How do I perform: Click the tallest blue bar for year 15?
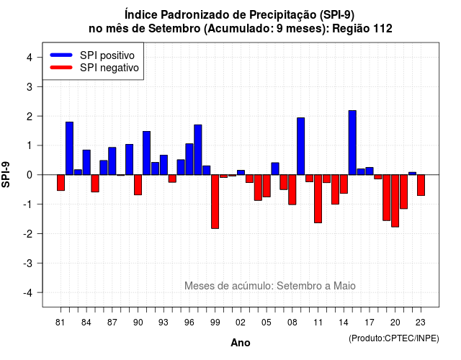point(352,143)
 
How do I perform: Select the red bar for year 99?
point(215,202)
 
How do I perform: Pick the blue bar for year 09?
point(301,146)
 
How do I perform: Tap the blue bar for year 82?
point(69,148)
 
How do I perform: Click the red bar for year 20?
point(395,201)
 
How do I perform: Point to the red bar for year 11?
point(318,199)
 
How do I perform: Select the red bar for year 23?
point(421,185)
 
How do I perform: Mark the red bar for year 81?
point(61,183)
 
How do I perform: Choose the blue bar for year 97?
point(198,150)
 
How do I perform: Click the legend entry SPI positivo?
point(107,55)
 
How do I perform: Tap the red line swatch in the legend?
point(61,68)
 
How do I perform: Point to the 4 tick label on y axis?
point(30,58)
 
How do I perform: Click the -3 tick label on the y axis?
point(28,263)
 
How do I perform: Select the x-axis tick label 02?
point(241,323)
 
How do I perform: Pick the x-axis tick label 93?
point(164,323)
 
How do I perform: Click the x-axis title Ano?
point(241,343)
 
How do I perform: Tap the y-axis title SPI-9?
point(6,174)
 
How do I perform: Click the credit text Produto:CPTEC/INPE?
point(394,338)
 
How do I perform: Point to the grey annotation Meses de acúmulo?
point(228,286)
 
